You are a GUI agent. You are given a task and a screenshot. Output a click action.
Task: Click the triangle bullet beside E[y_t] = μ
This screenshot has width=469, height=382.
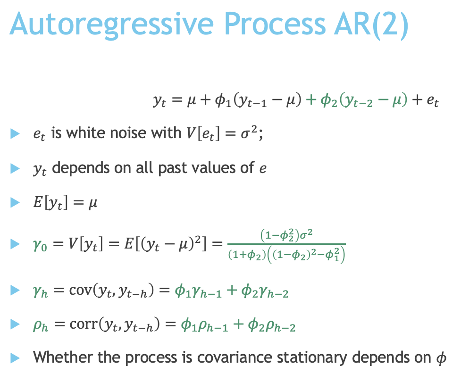pos(16,203)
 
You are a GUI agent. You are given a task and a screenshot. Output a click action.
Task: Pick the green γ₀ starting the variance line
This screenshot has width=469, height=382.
pos(41,245)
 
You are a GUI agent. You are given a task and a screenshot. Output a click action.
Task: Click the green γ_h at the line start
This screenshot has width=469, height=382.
pos(41,293)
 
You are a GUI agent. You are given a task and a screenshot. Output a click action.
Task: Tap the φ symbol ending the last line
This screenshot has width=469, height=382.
pos(438,358)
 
